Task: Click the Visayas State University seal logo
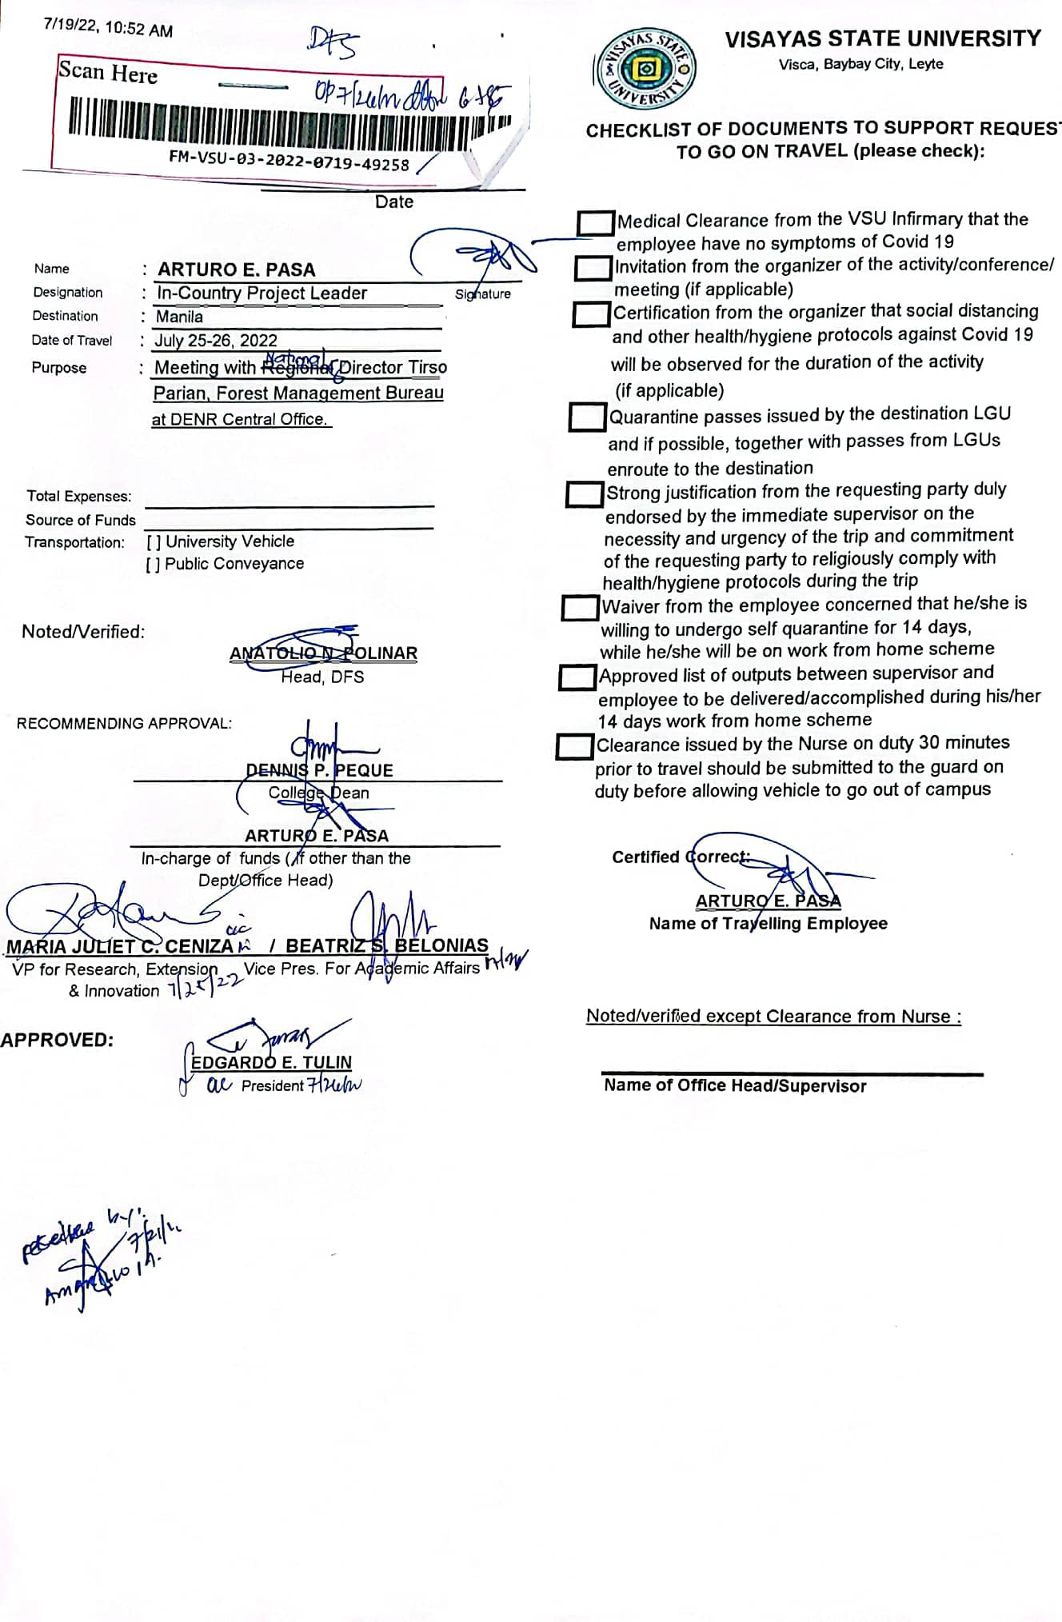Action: pos(645,70)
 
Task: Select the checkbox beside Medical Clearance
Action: pos(595,223)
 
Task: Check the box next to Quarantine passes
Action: pos(587,417)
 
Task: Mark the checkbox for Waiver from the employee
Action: pos(580,608)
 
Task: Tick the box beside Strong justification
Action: pos(584,494)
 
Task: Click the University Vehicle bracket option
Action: pos(154,542)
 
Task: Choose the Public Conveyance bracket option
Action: pos(153,565)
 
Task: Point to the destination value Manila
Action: pos(179,317)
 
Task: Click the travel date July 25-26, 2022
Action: pos(216,341)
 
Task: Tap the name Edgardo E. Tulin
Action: pos(271,1062)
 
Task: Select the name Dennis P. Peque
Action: pos(319,770)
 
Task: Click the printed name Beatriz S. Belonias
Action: pos(387,945)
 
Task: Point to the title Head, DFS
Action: pos(322,677)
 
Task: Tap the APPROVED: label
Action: pos(57,1040)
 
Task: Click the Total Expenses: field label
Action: pos(79,496)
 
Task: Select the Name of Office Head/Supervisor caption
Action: pos(735,1086)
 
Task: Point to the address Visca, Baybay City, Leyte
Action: pos(860,64)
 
